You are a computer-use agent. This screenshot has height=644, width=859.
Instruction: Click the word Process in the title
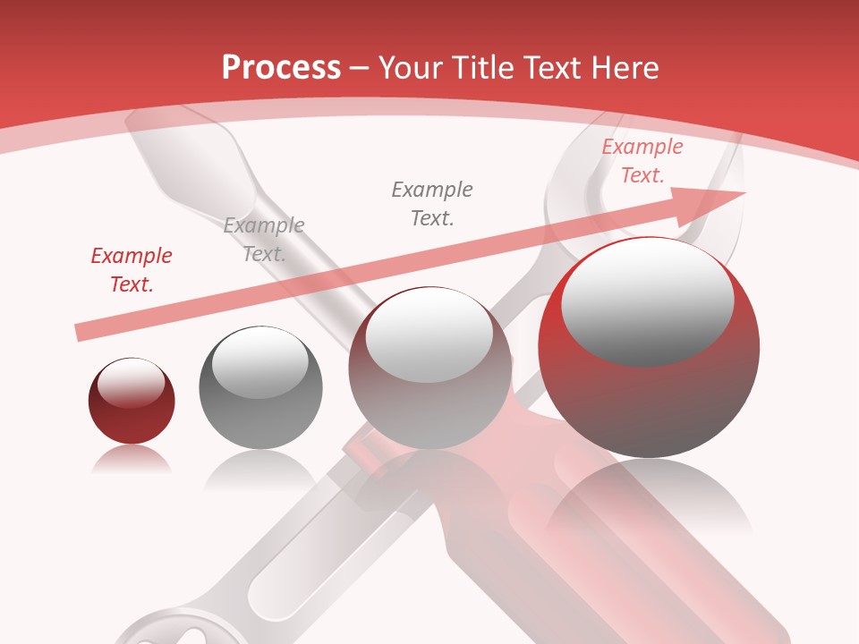click(x=281, y=67)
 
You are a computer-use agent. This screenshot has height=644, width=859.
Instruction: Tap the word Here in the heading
click(x=624, y=68)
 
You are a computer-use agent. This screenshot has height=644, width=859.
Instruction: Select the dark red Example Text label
click(x=132, y=270)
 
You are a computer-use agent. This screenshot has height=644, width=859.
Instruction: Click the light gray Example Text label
click(x=264, y=239)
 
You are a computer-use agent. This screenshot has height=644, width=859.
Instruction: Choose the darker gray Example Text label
click(x=432, y=203)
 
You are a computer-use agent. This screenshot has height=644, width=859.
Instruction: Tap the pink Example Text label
click(x=642, y=161)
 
